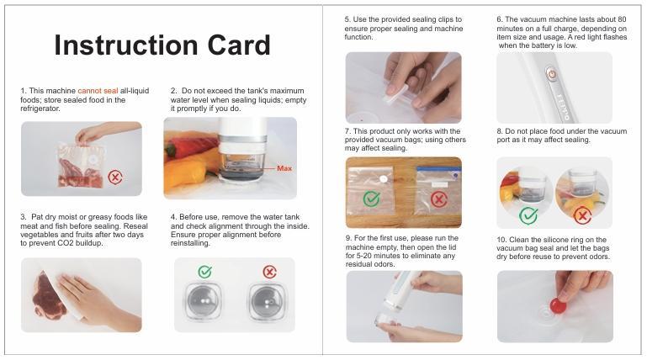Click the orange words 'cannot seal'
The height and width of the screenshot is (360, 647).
coord(98,91)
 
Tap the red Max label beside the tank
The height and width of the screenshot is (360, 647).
coord(284,168)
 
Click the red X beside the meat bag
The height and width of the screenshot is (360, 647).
coord(115,177)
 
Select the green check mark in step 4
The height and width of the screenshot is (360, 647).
coord(204,272)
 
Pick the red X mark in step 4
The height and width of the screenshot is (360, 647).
coord(269,272)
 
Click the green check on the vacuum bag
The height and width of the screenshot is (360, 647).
coord(371,199)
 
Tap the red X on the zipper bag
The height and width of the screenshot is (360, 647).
coord(439,199)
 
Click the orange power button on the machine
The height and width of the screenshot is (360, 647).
coord(552,74)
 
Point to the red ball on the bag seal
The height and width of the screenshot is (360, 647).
coord(558,305)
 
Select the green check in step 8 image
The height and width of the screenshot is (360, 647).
coord(528,214)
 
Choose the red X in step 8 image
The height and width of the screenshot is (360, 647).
coord(582,215)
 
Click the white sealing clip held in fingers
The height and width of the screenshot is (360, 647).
coord(395,96)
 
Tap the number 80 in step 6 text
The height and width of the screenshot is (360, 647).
coord(622,19)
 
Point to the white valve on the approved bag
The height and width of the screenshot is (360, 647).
coord(384,179)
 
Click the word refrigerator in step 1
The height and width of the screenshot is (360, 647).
coord(40,109)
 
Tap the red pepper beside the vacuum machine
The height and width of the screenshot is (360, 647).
coord(188,146)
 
